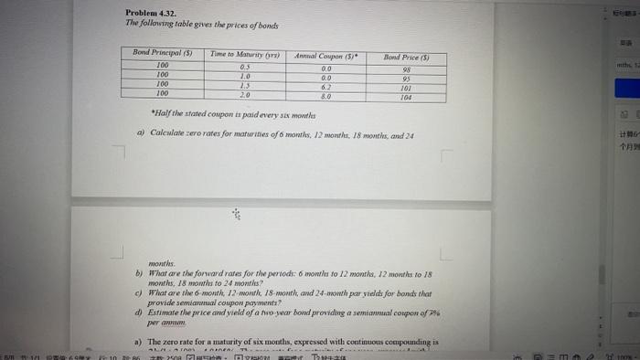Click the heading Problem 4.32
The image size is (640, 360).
[151, 12]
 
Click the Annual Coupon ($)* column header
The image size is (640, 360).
[325, 56]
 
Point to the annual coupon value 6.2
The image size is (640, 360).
[326, 85]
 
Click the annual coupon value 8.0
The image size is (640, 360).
[326, 93]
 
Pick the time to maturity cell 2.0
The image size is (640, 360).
[244, 93]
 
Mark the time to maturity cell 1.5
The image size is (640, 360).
[244, 85]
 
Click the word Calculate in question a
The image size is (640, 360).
[161, 135]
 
